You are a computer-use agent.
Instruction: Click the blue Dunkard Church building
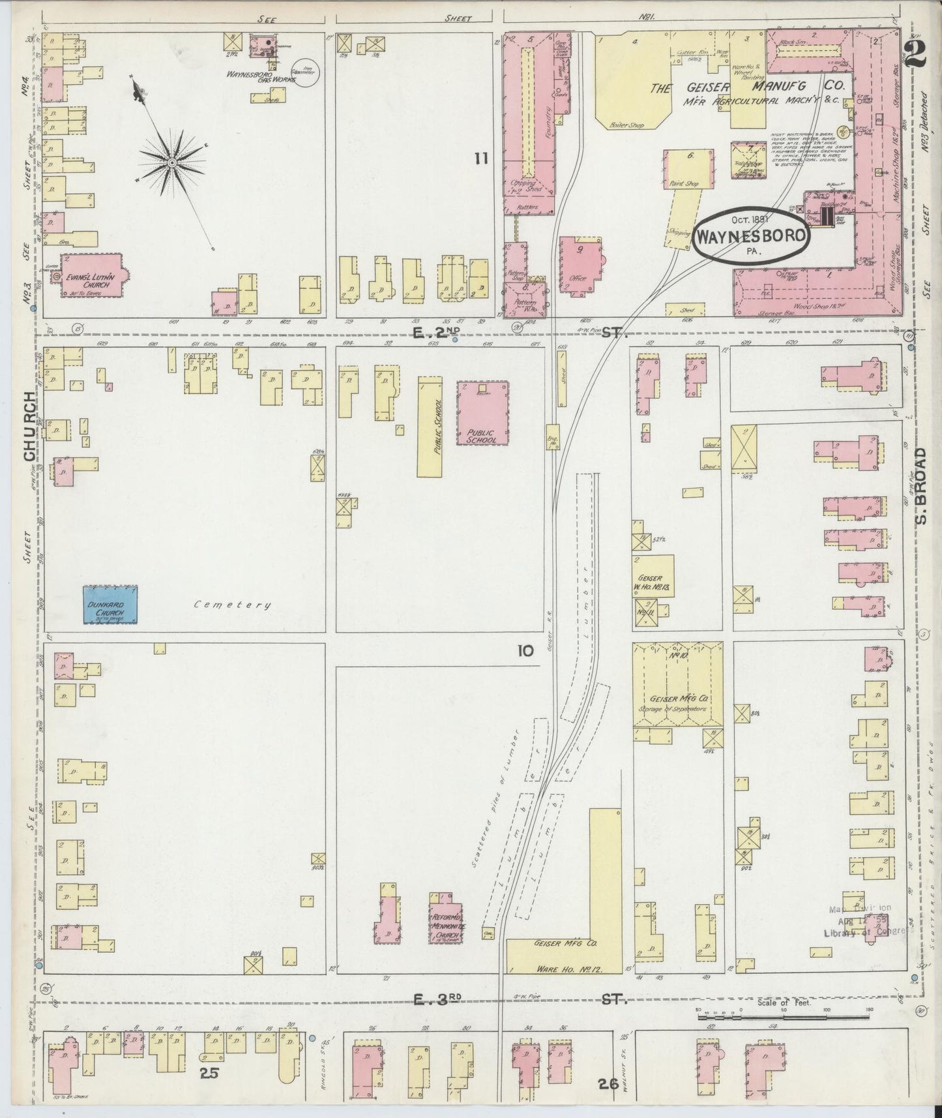pos(110,605)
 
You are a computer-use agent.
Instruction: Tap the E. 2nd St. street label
pos(435,333)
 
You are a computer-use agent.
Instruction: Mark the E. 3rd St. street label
pos(435,1017)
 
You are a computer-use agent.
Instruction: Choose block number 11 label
pos(481,158)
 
